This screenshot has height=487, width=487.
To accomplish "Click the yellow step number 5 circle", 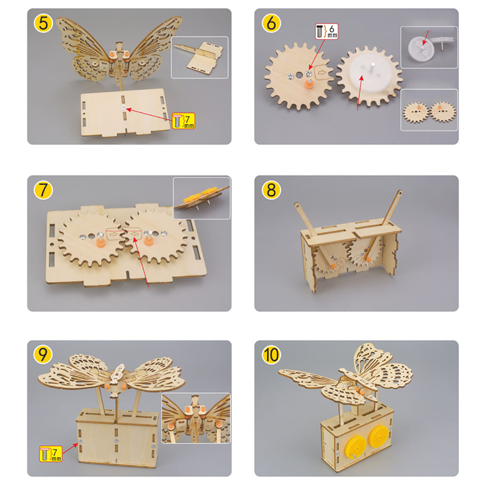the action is (43, 23).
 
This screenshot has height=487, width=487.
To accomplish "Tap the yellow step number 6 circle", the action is (271, 23).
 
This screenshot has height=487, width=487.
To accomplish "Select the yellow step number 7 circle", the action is (43, 190).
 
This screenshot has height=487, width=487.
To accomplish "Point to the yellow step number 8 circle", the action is (271, 190).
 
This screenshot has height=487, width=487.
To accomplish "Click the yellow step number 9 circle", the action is (43, 355).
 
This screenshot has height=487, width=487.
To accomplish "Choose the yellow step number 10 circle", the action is (271, 355).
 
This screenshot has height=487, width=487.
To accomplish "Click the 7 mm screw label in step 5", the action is (183, 121).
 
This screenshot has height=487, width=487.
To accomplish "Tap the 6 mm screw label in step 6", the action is (327, 31).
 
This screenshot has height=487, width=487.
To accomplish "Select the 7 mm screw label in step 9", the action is (50, 454).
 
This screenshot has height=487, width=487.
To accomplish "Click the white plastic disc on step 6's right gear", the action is (369, 77).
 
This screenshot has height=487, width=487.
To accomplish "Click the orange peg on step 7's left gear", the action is (100, 242).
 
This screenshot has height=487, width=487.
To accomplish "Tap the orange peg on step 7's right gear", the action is (148, 241).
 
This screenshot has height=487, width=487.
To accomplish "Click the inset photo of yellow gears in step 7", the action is (202, 198).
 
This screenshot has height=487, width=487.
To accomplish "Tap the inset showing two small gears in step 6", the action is (429, 110).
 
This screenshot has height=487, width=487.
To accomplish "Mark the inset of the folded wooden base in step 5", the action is (200, 58).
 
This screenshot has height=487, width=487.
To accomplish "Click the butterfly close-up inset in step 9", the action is (196, 418).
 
